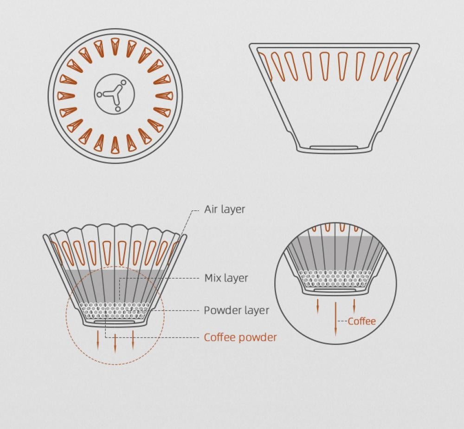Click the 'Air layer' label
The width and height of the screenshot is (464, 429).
pos(225,209)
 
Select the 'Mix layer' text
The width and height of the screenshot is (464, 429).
pos(226,278)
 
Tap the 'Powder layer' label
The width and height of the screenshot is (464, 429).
pos(236,310)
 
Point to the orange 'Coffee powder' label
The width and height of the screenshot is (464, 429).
pos(240,337)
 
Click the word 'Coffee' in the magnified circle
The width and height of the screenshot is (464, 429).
pos(361,321)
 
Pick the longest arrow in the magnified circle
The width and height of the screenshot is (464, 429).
pos(335,318)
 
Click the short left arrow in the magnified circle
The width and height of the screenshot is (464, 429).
pos(318,306)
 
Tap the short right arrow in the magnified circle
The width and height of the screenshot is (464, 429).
pos(354,305)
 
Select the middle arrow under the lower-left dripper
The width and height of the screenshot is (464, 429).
pos(116,341)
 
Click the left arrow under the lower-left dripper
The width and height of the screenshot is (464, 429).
pos(98,339)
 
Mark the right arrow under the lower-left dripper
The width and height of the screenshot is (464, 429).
pos(133,339)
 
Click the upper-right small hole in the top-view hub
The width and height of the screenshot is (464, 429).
pos(124,83)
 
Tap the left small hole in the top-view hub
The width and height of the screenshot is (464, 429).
pos(99,95)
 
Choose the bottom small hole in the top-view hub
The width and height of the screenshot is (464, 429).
pos(117,109)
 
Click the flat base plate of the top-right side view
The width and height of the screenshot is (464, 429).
pos(334,148)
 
